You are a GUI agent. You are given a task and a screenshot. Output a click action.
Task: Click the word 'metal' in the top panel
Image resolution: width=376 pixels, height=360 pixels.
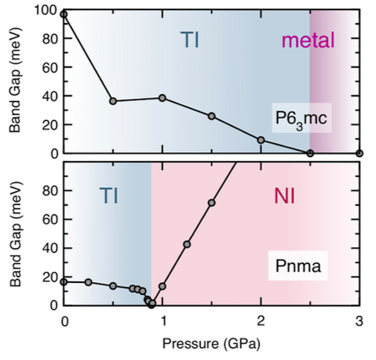point(308,41)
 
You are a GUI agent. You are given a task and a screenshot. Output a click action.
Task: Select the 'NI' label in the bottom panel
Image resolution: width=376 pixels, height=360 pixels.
point(286,197)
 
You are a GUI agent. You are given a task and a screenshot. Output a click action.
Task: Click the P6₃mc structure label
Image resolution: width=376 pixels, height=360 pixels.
point(299,119)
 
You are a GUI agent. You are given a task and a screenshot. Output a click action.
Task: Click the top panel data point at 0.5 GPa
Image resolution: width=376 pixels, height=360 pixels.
point(113,101)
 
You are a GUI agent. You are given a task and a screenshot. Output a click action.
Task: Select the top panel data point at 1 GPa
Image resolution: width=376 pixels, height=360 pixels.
point(162,98)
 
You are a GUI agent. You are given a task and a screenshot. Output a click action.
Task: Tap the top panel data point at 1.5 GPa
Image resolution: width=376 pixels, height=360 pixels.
point(212,117)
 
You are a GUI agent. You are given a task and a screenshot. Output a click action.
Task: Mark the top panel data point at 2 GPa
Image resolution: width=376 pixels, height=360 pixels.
point(261,140)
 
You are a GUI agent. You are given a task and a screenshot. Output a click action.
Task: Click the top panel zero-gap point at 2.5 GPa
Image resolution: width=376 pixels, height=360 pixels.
point(310,153)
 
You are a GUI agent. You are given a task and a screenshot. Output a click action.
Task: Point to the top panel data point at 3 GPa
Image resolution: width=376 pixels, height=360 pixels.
point(359,153)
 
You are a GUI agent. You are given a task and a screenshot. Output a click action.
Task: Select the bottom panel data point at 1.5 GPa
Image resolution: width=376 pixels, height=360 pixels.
point(212,203)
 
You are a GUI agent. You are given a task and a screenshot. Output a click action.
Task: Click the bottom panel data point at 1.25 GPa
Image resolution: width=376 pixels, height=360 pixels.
point(187,244)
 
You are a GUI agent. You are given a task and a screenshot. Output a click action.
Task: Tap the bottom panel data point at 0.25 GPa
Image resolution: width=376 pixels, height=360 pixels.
point(88,282)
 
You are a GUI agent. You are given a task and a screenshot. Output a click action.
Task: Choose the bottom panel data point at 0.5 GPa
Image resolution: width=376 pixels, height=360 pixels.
point(113,285)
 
